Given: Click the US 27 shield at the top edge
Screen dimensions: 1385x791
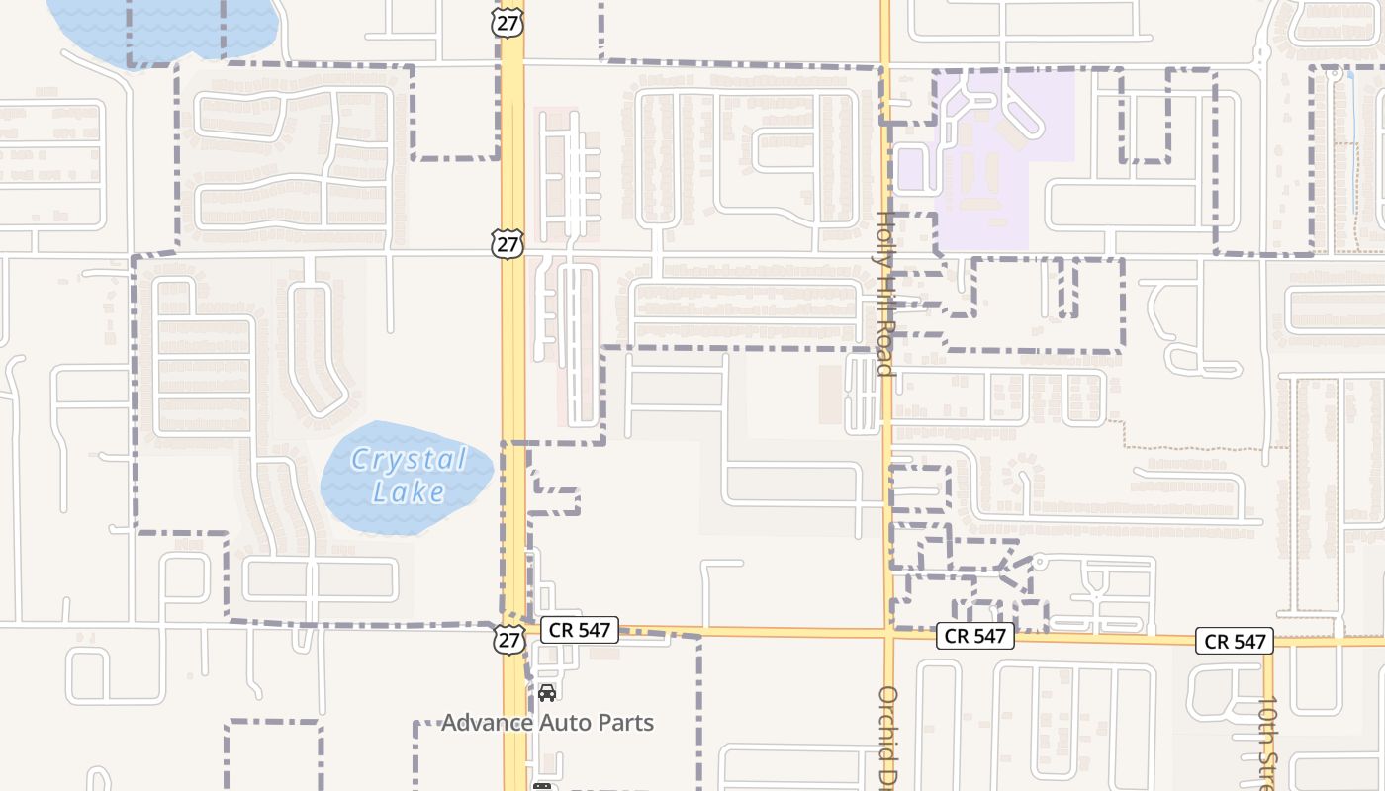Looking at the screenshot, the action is (508, 23).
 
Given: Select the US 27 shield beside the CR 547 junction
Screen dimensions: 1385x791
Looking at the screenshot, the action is (508, 638).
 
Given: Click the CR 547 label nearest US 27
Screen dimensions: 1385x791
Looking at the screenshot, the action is (581, 629).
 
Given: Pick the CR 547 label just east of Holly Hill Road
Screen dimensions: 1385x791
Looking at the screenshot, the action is (974, 636).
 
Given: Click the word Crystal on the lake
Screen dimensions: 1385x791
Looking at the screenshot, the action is (409, 460).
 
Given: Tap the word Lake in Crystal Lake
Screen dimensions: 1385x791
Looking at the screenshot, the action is (409, 491).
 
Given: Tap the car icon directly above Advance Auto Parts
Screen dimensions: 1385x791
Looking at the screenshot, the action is (546, 692).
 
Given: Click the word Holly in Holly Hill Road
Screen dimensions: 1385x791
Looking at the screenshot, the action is (884, 237).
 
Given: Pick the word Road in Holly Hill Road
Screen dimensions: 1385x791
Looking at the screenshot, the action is (884, 347).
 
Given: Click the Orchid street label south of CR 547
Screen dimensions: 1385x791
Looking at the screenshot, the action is (887, 732).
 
